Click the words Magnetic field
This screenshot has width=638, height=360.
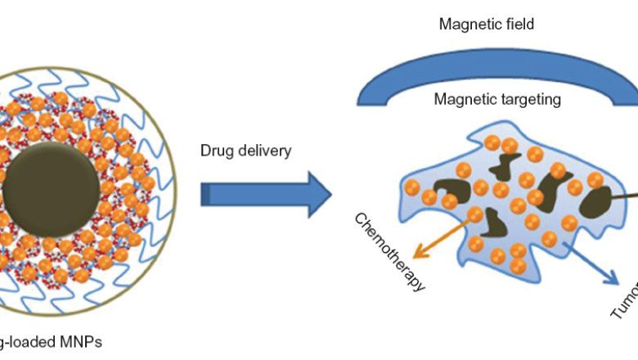[x=486, y=25]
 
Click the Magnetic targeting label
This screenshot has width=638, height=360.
[x=496, y=100]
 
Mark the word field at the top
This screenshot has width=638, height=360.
[x=519, y=25]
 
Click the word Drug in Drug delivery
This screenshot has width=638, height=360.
[x=216, y=151]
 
